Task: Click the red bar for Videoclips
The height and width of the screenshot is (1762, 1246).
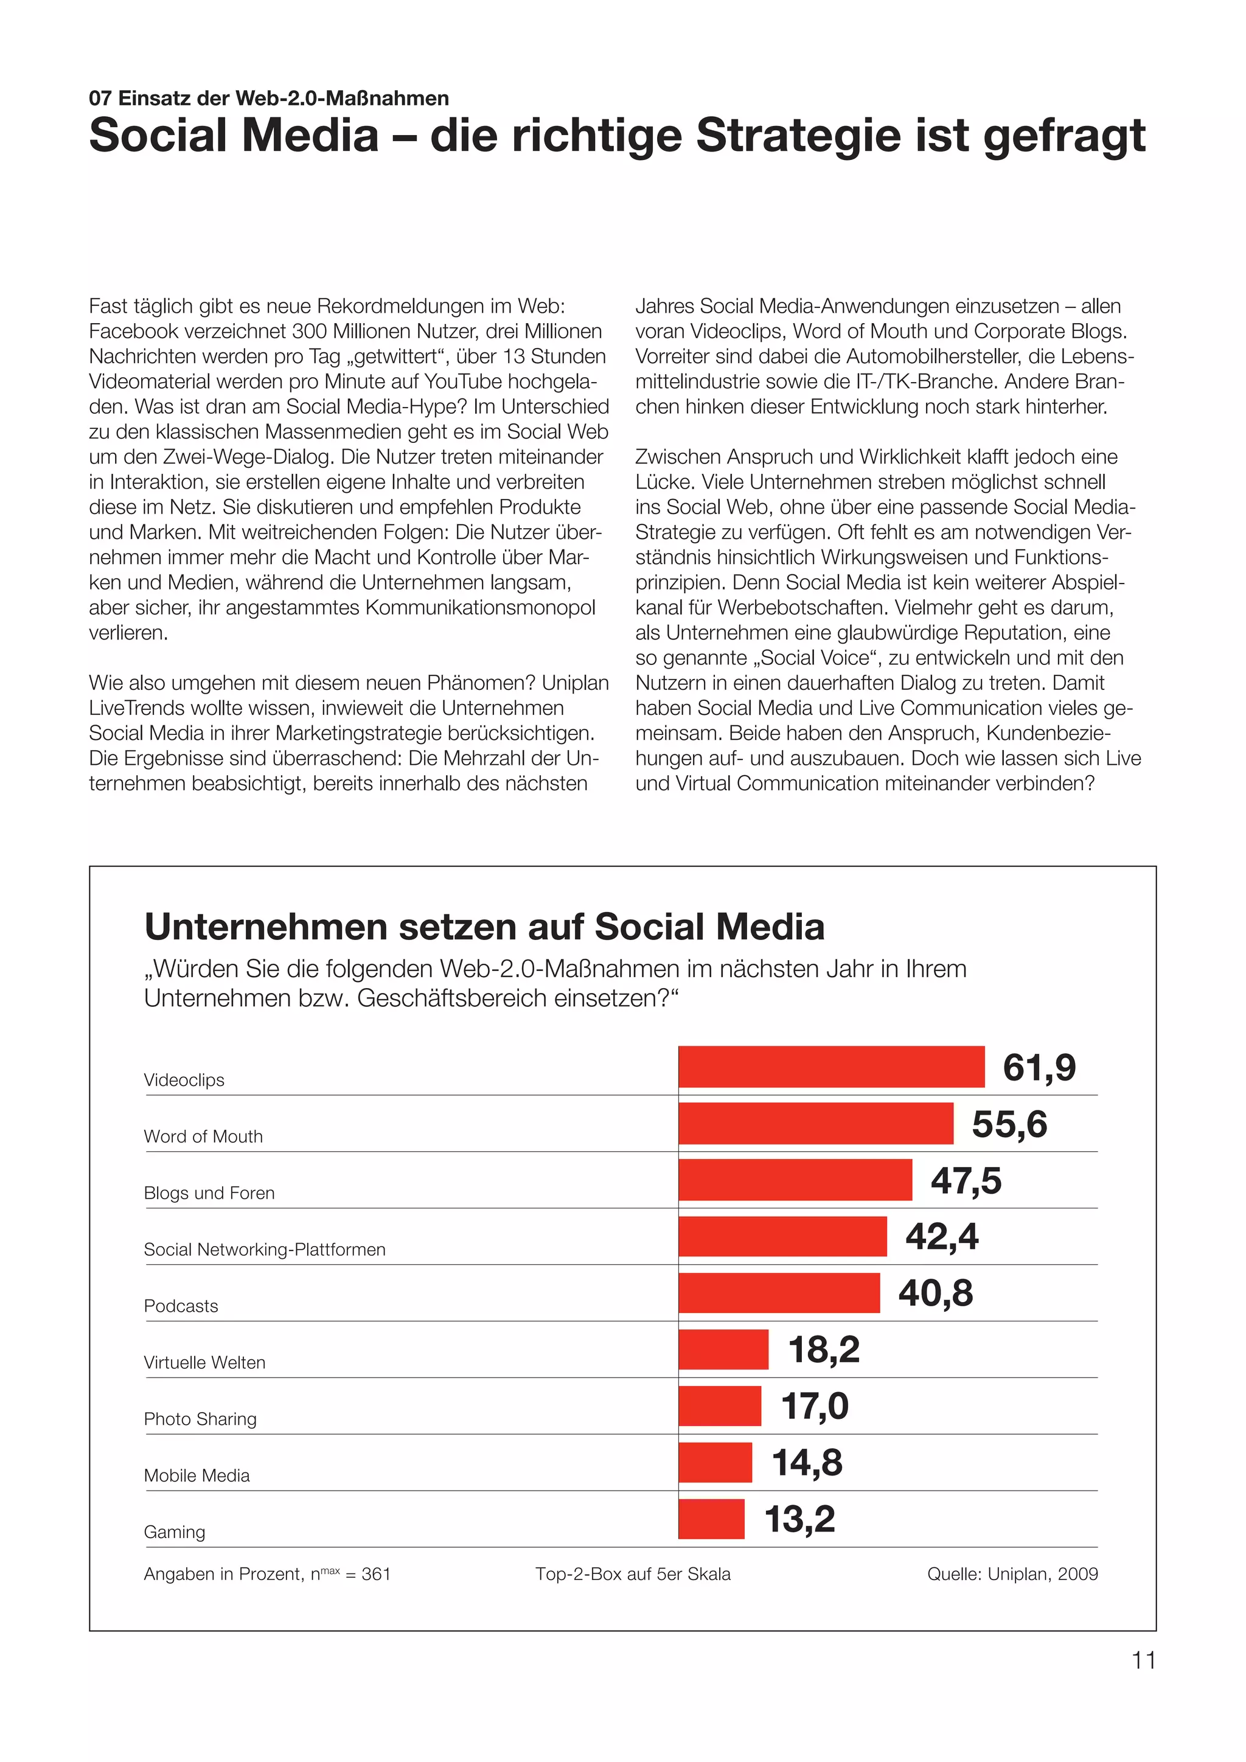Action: point(831,1066)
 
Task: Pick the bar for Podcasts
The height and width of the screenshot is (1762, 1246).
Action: point(779,1292)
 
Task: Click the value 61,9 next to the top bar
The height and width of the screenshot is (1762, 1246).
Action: point(1039,1068)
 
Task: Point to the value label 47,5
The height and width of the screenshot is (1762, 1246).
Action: point(966,1180)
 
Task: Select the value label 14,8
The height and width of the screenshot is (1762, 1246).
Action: point(807,1462)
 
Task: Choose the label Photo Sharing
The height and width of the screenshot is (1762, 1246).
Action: point(200,1419)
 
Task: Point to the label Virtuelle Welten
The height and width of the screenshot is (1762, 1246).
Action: point(205,1362)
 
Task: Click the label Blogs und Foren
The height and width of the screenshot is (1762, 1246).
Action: point(209,1193)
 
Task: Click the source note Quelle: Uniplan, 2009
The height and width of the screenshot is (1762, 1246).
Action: point(1012,1574)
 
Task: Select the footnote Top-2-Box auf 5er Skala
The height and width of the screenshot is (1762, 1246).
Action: point(633,1574)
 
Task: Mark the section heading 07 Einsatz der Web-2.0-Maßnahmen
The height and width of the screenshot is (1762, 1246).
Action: point(268,98)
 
